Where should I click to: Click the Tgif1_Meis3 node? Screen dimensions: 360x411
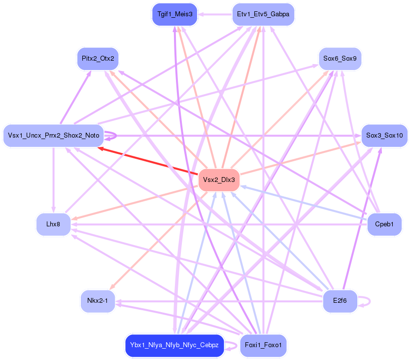coord(174,14)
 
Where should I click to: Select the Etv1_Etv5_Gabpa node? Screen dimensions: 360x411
coord(263,14)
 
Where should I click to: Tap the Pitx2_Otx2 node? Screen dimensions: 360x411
coord(98,58)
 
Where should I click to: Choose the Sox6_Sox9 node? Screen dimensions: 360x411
coord(340,58)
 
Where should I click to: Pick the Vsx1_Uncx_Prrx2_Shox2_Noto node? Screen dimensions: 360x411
coord(53,136)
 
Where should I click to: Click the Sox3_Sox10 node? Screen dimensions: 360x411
coord(384,136)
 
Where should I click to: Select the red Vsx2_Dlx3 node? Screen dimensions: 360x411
coord(219,180)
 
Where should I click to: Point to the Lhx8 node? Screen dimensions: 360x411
coord(53,224)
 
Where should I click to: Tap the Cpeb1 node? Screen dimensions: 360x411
coord(384,224)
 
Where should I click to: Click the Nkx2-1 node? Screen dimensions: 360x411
coord(98,301)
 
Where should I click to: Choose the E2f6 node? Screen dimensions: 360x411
coord(340,301)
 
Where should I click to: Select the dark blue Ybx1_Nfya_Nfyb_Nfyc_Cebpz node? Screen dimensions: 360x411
coord(174,345)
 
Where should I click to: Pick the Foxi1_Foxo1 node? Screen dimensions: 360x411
coord(263,345)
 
